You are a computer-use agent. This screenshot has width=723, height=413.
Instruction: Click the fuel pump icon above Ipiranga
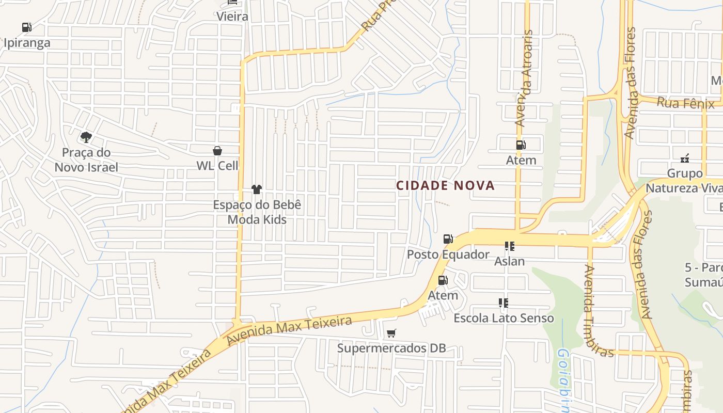(x=26, y=27)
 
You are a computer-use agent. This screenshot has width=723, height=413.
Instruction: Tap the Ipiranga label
(x=27, y=42)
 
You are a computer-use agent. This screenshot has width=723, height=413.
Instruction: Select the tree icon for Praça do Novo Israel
(x=86, y=137)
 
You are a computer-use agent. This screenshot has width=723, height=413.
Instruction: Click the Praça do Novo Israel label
(x=86, y=160)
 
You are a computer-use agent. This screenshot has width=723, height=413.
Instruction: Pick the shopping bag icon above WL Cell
(x=217, y=151)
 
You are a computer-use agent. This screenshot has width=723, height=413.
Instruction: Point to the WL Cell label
(x=217, y=166)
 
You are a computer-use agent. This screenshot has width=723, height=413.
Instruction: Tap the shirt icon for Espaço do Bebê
(x=257, y=189)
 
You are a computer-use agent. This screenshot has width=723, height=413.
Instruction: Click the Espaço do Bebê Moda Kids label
(x=257, y=212)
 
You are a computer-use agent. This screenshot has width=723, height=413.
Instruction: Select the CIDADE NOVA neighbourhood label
(x=445, y=186)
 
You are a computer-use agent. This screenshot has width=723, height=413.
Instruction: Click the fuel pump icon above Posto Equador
(x=448, y=239)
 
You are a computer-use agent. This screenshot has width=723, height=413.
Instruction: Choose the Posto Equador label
(x=448, y=255)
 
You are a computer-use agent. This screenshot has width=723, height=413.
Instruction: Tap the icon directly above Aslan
(x=510, y=246)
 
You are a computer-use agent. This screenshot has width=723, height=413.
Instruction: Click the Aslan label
(x=510, y=261)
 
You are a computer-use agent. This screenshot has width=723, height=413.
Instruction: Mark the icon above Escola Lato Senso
(x=504, y=303)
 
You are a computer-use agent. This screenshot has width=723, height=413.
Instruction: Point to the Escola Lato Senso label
(x=504, y=318)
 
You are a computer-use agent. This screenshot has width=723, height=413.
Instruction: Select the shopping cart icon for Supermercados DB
(x=391, y=333)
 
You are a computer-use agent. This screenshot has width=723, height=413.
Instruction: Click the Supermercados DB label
(x=391, y=348)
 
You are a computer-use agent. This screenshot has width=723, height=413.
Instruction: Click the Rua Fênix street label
(x=685, y=103)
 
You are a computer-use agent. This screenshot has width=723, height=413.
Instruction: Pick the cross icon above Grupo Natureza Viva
(x=685, y=158)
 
